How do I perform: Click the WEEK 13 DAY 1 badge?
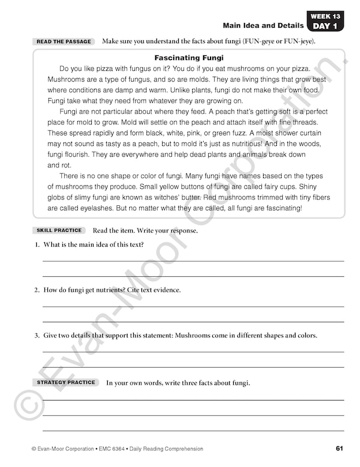325,21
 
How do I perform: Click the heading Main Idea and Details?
262,25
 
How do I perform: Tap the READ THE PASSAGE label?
63,42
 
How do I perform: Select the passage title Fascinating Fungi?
189,58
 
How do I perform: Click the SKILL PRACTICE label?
59,231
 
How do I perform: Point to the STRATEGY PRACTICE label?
66,382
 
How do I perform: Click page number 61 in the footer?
340,449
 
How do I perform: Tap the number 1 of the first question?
36,244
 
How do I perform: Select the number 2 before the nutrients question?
36,290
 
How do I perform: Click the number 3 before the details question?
36,336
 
